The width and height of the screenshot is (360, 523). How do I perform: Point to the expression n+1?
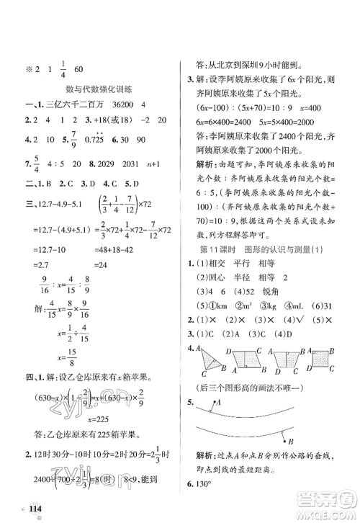pyautogui.click(x=153, y=163)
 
